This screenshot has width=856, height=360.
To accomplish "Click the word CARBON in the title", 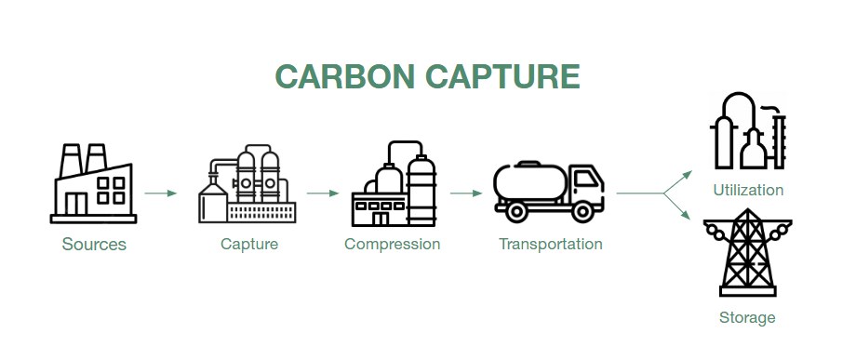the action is (345, 76).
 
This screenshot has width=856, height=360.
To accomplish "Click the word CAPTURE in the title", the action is (502, 76).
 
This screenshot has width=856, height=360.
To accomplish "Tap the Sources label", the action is (94, 244).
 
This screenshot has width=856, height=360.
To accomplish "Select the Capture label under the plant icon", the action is (249, 244).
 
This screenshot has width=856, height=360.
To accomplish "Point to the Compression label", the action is (392, 244).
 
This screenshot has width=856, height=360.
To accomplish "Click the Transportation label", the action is (550, 244).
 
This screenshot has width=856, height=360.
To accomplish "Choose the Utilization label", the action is (748, 190).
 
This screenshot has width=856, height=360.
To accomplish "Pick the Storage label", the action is (747, 317).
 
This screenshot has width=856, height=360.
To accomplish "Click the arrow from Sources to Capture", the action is (160, 193).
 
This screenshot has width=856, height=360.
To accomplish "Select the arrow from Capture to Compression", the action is (323, 193).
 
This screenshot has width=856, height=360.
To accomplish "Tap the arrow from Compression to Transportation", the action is (466, 193).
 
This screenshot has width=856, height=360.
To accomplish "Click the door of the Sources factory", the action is (76, 204).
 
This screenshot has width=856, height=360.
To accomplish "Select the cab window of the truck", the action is (586, 179).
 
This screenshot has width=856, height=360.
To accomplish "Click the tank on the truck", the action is (530, 181).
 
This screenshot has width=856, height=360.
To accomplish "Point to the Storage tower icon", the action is (747, 252).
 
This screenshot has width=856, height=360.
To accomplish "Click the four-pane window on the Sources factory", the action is (111, 191).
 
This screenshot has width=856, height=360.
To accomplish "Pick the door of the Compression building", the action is (381, 219).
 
